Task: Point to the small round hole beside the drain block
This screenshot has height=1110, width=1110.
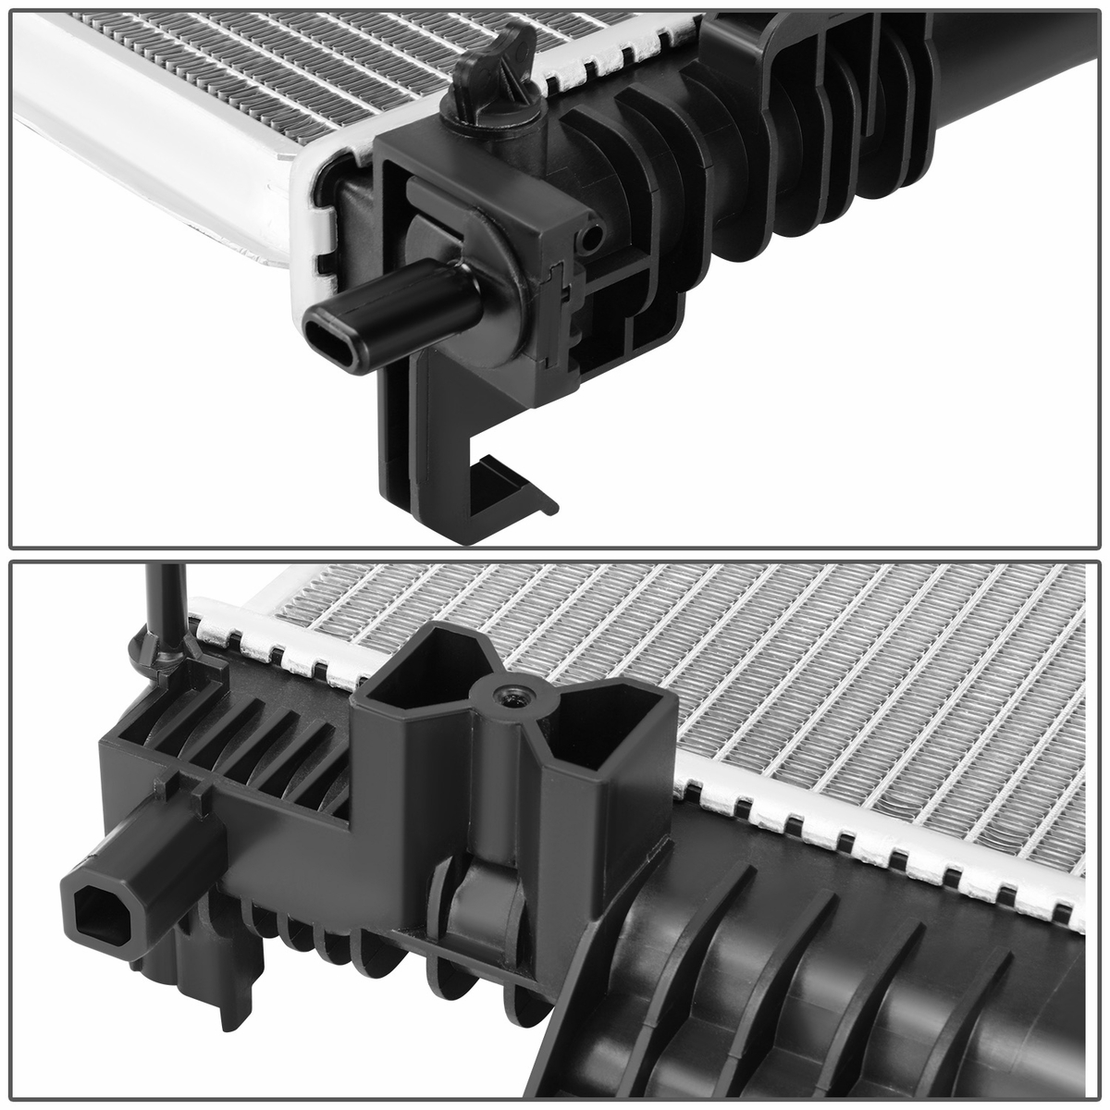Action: (x=589, y=239)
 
